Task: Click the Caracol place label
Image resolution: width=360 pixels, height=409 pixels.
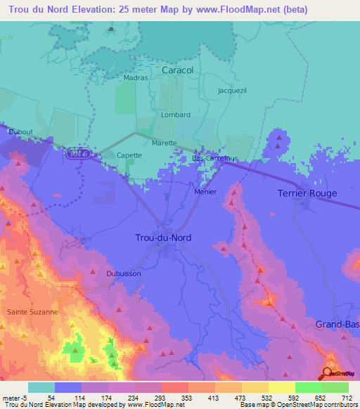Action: click(x=177, y=71)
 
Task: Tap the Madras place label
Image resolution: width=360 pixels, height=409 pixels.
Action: click(x=136, y=78)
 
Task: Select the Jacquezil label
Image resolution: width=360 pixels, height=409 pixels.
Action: click(x=232, y=91)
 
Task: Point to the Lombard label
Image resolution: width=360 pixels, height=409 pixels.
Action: click(x=176, y=115)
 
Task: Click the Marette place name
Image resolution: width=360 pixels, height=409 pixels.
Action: click(x=164, y=143)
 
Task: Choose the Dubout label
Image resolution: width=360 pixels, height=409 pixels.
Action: click(x=20, y=131)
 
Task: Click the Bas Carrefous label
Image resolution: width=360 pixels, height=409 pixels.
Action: click(x=215, y=159)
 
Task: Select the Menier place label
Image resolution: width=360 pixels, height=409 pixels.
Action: click(x=205, y=192)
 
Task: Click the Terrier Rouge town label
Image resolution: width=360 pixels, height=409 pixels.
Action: click(x=307, y=193)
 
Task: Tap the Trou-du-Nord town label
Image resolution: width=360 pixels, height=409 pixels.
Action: click(x=162, y=238)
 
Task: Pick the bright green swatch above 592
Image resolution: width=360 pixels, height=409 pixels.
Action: click(x=308, y=387)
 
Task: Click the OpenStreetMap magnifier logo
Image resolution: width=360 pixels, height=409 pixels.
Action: click(x=328, y=373)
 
